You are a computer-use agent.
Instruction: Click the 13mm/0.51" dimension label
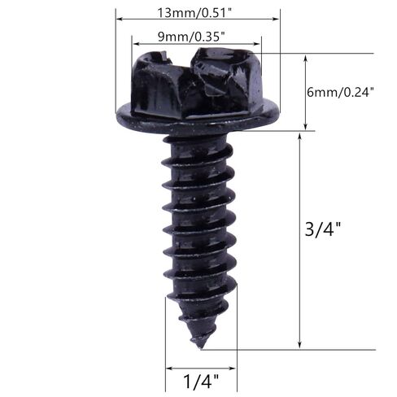click(194, 13)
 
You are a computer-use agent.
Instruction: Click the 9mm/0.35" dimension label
click(191, 37)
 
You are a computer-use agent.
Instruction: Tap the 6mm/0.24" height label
click(340, 93)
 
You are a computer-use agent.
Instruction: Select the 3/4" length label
click(322, 229)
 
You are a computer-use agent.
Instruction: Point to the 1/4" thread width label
click(201, 382)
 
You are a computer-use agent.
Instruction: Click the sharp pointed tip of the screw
click(201, 348)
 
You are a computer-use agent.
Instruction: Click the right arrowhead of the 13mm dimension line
click(277, 19)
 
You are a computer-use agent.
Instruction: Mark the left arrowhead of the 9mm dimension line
click(135, 44)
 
